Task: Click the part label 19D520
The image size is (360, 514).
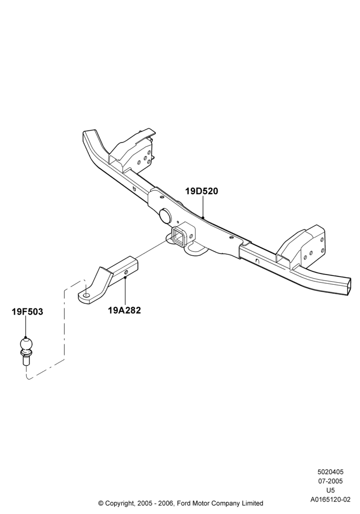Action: tap(202, 191)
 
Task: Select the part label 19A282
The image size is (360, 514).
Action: tap(124, 310)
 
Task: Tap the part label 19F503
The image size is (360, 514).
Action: tap(27, 311)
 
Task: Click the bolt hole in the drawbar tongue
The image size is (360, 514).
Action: tap(86, 296)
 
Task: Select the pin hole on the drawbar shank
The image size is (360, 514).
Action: tap(126, 272)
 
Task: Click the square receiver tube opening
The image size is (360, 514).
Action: tap(179, 236)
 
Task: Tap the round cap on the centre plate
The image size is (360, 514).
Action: tap(165, 215)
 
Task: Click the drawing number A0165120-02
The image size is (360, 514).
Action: tap(330, 500)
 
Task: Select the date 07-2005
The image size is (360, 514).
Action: tap(330, 481)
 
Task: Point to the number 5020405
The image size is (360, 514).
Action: tap(330, 472)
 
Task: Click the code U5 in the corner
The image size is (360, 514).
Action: tap(330, 490)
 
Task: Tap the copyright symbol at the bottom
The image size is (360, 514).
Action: tap(101, 503)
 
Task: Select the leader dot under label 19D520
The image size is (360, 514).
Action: tap(203, 217)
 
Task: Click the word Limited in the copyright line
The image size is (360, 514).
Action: tap(252, 503)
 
